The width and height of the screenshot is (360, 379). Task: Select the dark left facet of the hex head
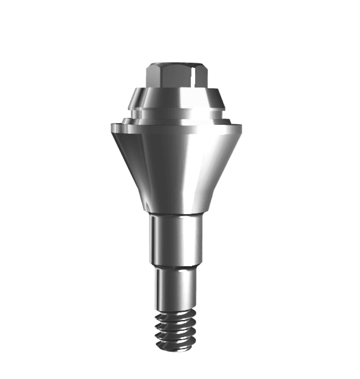point(151,78)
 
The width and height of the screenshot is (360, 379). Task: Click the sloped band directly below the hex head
point(177,99)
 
